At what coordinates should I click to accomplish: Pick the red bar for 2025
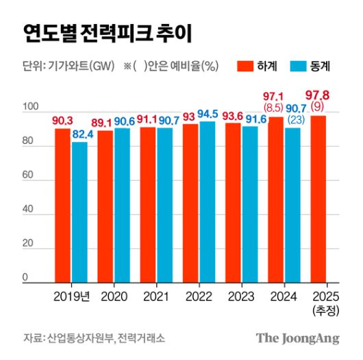coord(318,199)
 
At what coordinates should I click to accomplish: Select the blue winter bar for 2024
coord(292,205)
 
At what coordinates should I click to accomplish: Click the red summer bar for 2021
coord(148,204)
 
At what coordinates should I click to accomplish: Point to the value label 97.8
coord(318,94)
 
